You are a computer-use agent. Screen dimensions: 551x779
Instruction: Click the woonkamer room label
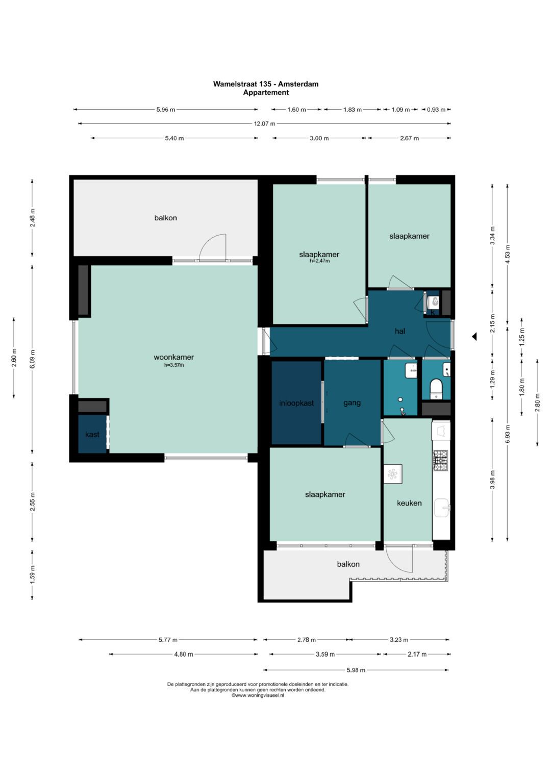tap(173, 357)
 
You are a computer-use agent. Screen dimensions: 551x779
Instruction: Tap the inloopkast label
tap(296, 403)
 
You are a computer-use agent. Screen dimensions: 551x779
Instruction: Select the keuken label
tap(409, 503)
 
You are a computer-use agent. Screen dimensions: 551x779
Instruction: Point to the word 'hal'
tap(399, 331)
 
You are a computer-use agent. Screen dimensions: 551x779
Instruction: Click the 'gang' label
tap(352, 403)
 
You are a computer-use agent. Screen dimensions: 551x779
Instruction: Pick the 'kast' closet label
tap(92, 434)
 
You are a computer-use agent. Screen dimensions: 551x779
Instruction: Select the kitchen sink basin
tap(442, 508)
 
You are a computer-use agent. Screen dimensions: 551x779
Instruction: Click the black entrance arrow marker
tap(474, 337)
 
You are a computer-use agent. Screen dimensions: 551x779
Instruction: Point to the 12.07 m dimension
tap(264, 123)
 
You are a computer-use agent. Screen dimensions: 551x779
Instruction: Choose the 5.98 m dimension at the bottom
tap(356, 670)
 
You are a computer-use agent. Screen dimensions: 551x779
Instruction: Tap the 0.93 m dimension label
tap(436, 110)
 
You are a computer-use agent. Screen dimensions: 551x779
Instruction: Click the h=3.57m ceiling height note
tap(174, 365)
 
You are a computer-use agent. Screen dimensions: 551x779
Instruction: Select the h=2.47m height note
tap(319, 261)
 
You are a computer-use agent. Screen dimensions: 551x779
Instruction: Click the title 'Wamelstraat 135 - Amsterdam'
tap(266, 84)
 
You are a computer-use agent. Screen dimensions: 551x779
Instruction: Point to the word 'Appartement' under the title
tap(266, 92)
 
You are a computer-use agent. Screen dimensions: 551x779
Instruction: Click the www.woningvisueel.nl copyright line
tap(258, 695)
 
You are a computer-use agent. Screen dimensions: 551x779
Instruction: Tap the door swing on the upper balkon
tap(213, 247)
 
